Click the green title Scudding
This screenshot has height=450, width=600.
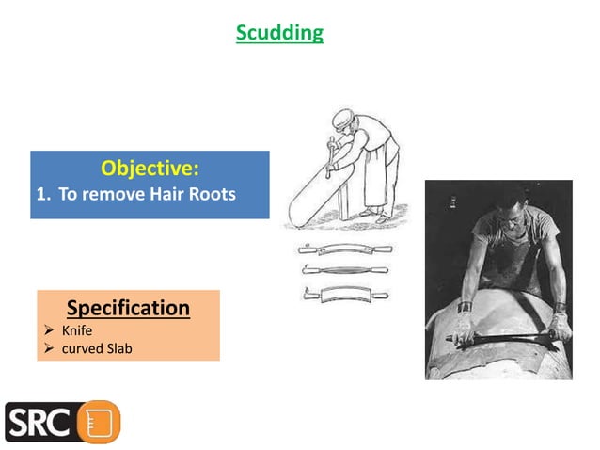pyautogui.click(x=279, y=33)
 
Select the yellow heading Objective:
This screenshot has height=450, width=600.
pyautogui.click(x=150, y=169)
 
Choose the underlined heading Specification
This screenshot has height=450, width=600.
pyautogui.click(x=128, y=308)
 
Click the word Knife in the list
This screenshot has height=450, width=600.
pyautogui.click(x=77, y=330)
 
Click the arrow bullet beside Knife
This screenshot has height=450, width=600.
pyautogui.click(x=49, y=330)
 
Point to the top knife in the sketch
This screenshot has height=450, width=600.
pyautogui.click(x=345, y=249)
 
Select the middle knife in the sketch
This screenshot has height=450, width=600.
pyautogui.click(x=345, y=269)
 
